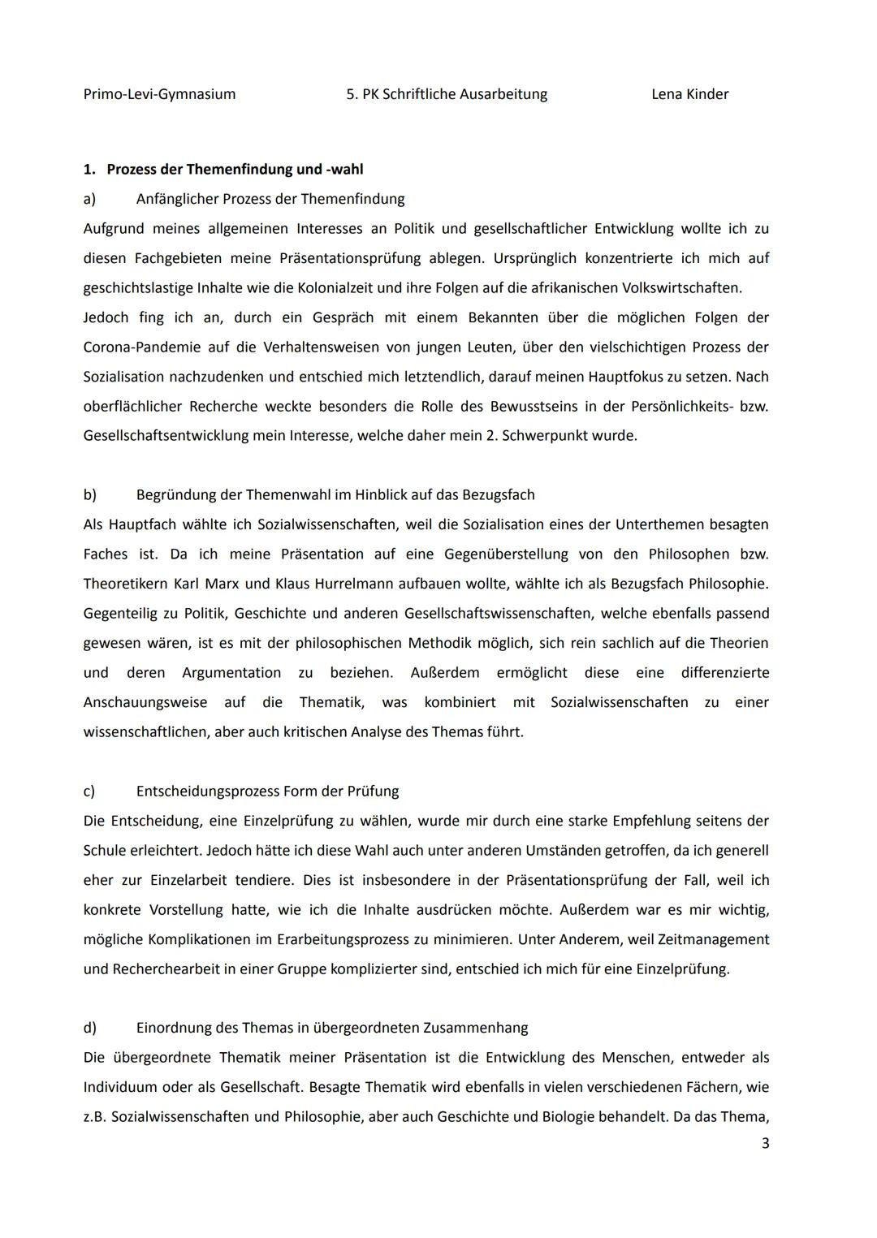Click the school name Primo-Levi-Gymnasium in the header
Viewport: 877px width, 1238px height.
pos(159,94)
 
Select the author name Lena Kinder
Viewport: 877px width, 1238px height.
pos(689,94)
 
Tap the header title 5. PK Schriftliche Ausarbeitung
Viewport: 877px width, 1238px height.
pos(447,94)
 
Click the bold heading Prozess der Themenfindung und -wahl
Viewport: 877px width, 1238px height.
pos(235,170)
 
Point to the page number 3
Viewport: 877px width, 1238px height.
pos(765,1144)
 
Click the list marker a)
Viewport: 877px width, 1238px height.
pos(89,199)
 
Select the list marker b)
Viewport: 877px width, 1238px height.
pos(89,495)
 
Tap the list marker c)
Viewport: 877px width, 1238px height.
pos(89,792)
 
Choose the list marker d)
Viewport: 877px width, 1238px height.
pos(89,1029)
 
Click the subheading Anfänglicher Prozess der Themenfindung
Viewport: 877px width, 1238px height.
pos(270,199)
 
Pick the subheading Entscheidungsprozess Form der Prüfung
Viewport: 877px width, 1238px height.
pos(267,792)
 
